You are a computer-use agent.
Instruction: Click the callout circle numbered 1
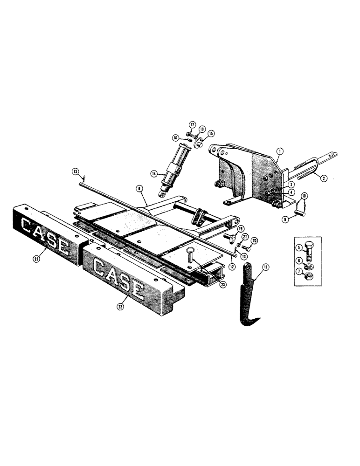point(279,151)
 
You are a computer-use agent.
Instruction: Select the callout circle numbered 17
point(191,124)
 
